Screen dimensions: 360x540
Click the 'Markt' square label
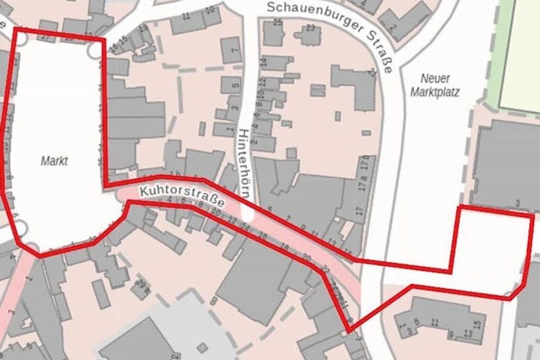tap(54, 162)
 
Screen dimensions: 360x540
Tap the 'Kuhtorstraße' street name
tap(183, 197)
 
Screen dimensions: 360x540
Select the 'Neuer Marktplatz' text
tap(435, 86)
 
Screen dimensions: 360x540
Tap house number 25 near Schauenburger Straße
tap(277, 22)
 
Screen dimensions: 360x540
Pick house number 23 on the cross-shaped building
tap(311, 27)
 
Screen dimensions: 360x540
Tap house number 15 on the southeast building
tap(477, 325)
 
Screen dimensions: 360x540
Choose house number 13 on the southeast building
tap(468, 334)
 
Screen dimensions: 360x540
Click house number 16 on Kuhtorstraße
tap(264, 237)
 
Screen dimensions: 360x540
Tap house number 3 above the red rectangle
tap(518, 202)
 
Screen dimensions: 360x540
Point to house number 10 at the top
tap(210, 10)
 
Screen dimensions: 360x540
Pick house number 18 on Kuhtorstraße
tap(285, 247)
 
